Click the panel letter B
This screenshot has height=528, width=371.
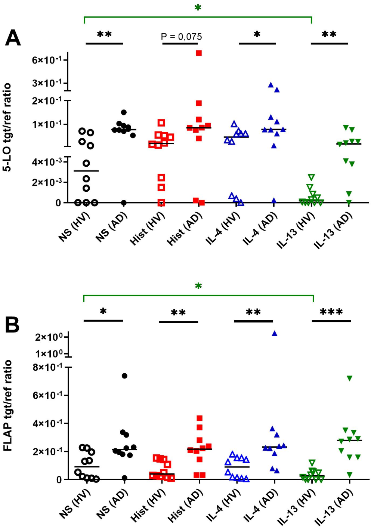[x=12, y=325]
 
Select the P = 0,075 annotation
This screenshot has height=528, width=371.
[x=181, y=37]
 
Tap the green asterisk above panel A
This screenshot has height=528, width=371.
[x=198, y=7]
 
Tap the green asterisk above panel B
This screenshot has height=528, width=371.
[x=198, y=286]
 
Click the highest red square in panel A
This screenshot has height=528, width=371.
[x=199, y=53]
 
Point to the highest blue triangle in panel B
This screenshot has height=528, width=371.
[x=275, y=334]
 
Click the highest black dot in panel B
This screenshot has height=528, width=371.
[x=124, y=376]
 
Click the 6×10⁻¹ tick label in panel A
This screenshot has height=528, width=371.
[x=47, y=60]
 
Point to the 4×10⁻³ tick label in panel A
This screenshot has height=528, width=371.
[x=47, y=162]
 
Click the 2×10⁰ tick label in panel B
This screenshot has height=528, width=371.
[x=49, y=337]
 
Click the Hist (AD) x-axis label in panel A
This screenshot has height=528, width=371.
[x=185, y=229]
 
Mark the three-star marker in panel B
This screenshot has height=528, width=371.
[x=331, y=312]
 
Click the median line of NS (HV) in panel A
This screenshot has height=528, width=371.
[x=86, y=171]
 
